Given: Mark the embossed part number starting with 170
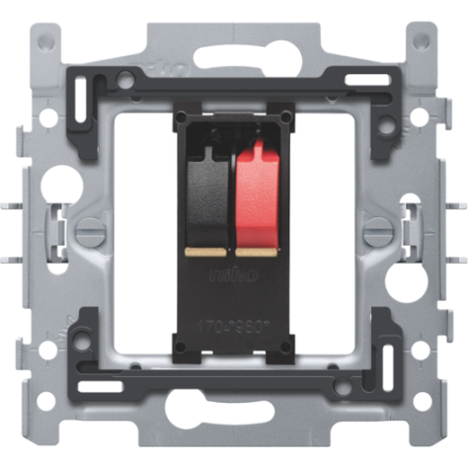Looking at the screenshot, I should coord(233,322).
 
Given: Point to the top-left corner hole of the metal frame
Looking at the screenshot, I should coord(43,41).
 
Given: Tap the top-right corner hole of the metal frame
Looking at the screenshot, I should coord(425,41).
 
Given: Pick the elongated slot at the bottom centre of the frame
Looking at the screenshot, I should coord(234,405).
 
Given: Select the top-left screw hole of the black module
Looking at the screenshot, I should coord(181,119).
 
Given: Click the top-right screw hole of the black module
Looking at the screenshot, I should coord(286,119).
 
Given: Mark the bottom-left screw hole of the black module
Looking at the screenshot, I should coord(181,345).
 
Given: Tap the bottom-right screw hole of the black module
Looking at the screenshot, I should coord(286,345).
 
